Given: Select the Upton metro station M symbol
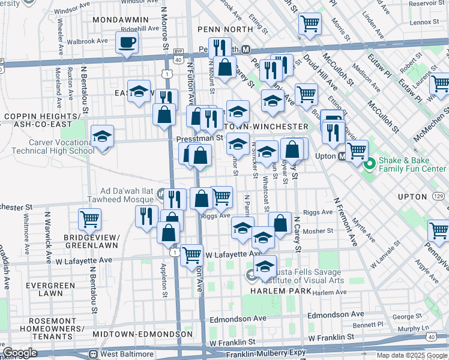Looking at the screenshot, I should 342,157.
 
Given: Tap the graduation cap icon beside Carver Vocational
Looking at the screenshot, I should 102,136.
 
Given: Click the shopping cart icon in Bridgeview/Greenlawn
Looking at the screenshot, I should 90,219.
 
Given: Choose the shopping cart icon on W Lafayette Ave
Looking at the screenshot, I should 191,254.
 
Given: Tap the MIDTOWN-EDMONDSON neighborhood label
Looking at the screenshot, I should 142,334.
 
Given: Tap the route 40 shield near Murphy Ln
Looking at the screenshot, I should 432,337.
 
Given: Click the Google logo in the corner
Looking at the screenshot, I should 20,353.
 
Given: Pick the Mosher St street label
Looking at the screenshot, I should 321,230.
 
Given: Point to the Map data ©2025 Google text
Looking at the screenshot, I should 411,355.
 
